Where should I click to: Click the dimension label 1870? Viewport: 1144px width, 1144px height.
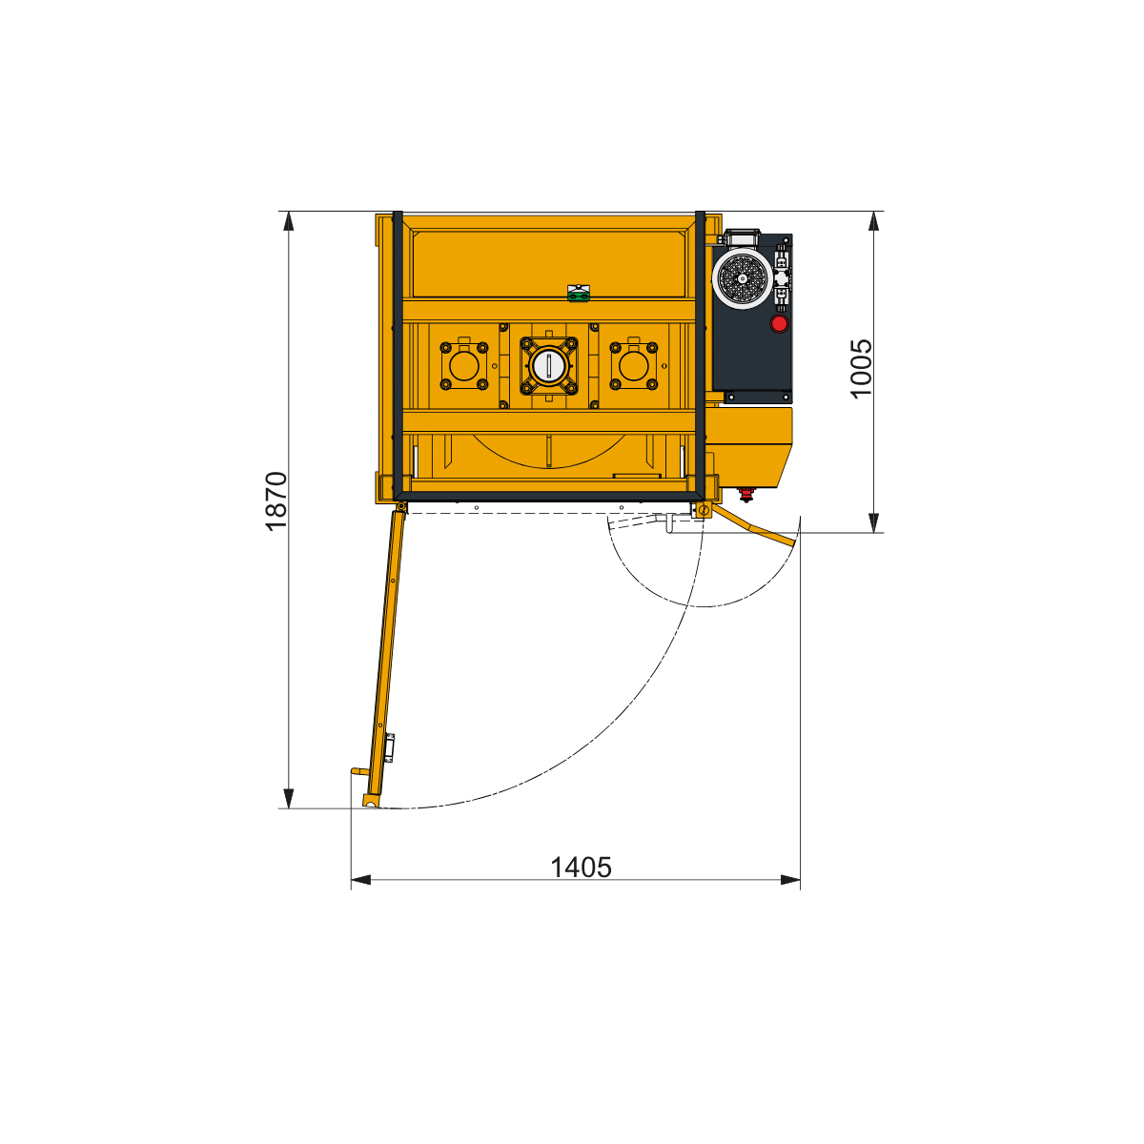coord(276,501)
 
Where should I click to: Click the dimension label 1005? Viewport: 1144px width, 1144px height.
coord(862,369)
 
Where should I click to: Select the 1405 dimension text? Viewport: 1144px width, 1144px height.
coord(581,868)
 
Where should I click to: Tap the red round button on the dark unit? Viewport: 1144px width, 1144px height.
coord(779,323)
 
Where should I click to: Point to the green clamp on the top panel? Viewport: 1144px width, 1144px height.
coord(579,294)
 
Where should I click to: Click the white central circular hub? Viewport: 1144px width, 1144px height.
coord(548,366)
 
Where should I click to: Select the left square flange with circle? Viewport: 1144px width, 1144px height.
coord(463,366)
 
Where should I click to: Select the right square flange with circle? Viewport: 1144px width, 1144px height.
coord(633,366)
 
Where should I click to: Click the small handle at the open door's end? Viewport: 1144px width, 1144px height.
coord(359,771)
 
